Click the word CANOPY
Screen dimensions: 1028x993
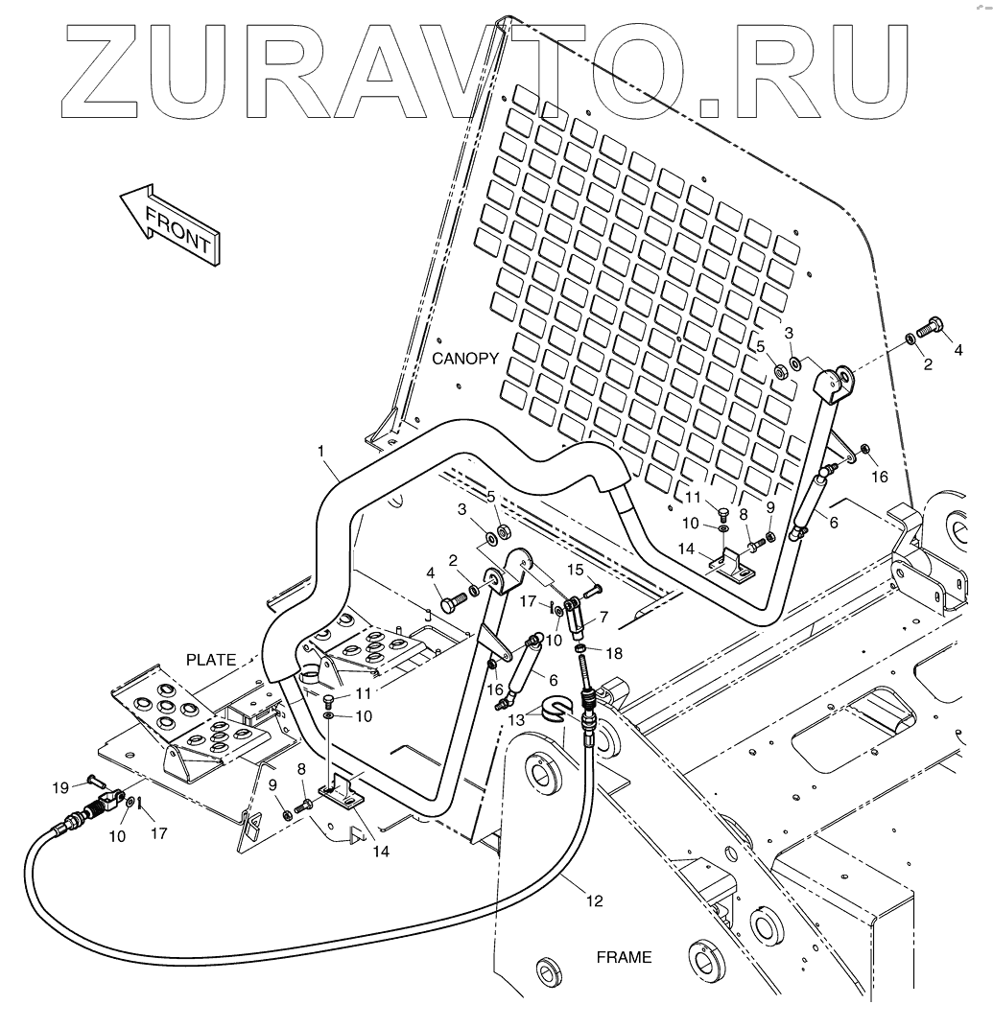click(x=465, y=359)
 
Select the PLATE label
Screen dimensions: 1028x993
click(x=209, y=660)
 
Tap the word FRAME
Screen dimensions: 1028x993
click(x=624, y=957)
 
